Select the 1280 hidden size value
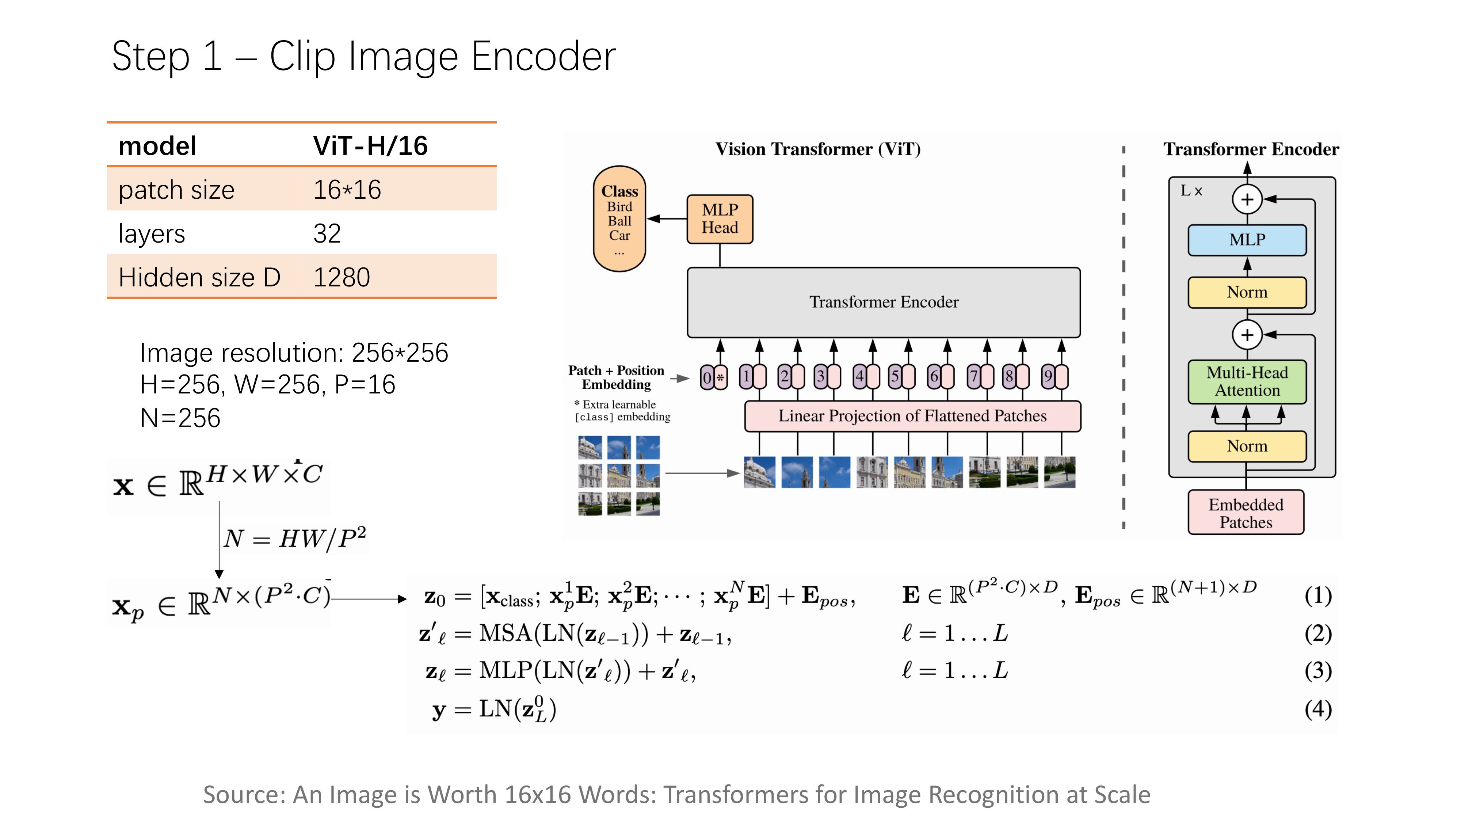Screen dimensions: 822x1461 [x=342, y=277]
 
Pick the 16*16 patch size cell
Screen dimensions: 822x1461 [x=347, y=190]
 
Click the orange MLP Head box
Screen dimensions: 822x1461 [x=720, y=219]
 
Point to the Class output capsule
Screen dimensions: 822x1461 [x=619, y=218]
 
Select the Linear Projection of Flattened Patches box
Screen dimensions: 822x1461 [x=912, y=416]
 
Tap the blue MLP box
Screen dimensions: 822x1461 [x=1247, y=240]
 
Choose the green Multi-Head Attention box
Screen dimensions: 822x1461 [x=1247, y=382]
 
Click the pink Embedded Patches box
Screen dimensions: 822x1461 [x=1246, y=513]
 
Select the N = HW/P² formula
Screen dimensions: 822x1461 [x=295, y=539]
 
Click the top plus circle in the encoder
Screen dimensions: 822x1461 [x=1247, y=199]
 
